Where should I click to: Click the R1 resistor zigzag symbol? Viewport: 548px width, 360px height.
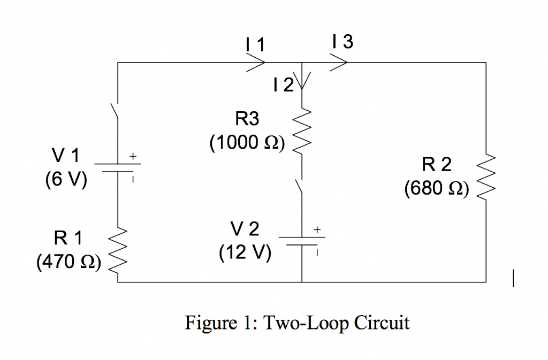click(x=118, y=248)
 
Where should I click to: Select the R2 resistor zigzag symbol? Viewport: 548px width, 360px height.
click(x=486, y=176)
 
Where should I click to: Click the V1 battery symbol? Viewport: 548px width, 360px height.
click(x=118, y=167)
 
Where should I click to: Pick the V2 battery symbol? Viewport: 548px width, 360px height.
click(x=302, y=241)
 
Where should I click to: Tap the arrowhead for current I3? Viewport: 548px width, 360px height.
click(x=340, y=63)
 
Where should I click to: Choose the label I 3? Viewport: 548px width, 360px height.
click(x=342, y=42)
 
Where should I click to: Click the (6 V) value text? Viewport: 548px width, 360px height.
click(x=66, y=179)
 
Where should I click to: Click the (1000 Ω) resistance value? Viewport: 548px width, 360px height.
click(x=248, y=143)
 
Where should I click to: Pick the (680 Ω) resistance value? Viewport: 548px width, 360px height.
click(x=437, y=188)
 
